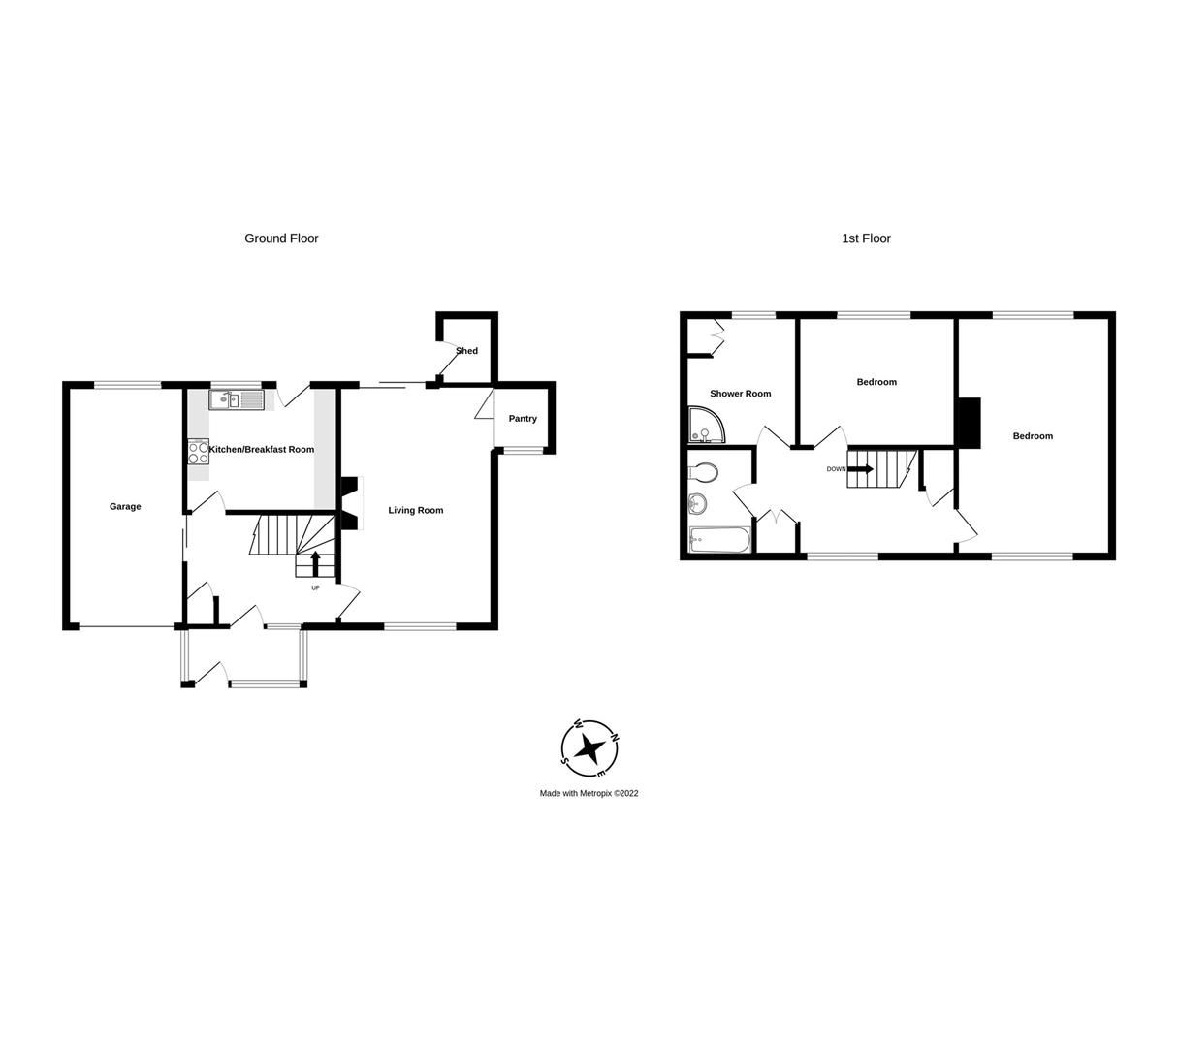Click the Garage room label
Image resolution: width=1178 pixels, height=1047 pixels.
click(x=125, y=506)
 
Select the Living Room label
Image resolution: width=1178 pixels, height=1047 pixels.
click(x=416, y=510)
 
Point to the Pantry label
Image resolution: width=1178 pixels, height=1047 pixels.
click(x=523, y=419)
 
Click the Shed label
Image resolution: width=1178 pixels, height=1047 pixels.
click(x=467, y=351)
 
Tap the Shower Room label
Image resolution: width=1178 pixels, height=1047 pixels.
click(x=741, y=394)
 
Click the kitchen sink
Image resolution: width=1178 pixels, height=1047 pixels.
click(x=236, y=399)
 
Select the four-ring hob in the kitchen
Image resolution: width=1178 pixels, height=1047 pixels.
click(x=198, y=453)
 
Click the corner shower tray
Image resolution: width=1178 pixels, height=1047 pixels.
click(x=706, y=424)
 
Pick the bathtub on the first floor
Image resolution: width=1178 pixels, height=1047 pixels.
click(x=719, y=539)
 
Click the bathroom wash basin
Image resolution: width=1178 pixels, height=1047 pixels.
click(x=697, y=504)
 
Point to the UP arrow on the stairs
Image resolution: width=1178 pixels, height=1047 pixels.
click(x=315, y=561)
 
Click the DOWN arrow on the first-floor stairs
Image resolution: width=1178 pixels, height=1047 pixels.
click(x=860, y=469)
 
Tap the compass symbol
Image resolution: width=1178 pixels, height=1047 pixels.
click(x=589, y=748)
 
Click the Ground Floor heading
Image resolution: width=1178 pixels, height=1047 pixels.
click(x=281, y=238)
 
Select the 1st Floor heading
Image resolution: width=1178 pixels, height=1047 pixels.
click(x=866, y=238)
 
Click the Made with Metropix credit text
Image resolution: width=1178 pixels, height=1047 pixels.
click(x=589, y=793)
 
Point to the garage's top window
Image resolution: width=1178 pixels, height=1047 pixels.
click(x=127, y=386)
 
